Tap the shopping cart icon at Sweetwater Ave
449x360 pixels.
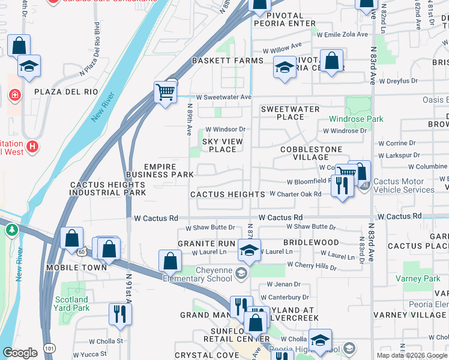[165, 92]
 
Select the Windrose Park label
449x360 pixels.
[356, 119]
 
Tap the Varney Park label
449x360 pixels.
[418, 278]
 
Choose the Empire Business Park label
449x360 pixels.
[168, 170]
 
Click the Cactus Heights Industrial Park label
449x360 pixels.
[108, 189]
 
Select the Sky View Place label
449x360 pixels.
[223, 145]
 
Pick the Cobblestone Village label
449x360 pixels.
[309, 153]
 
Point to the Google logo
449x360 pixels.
[20, 352]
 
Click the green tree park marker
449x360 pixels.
[11, 230]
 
